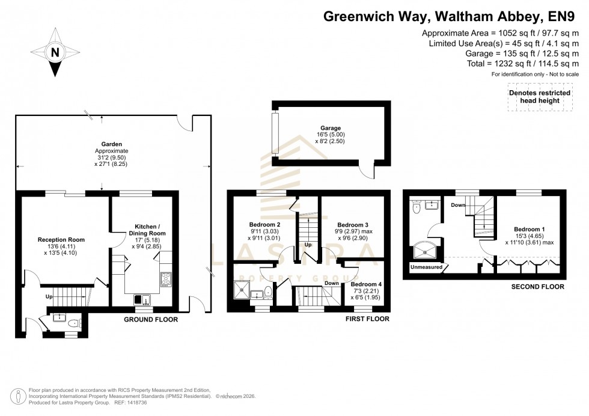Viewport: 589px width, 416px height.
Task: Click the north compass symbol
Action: [x=55, y=52]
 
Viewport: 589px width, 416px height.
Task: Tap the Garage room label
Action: [x=331, y=128]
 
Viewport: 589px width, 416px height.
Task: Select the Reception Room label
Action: [x=61, y=239]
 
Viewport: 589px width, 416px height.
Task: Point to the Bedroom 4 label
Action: [x=365, y=284]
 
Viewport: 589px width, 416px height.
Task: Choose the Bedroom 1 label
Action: [x=529, y=229]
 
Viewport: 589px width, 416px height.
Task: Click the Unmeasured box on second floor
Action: [x=427, y=266]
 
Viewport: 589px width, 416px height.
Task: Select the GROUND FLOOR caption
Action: [x=150, y=319]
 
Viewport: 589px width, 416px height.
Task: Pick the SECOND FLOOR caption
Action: [x=537, y=287]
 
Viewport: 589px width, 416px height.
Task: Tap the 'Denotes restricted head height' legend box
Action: [x=539, y=97]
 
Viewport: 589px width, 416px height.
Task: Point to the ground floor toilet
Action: [x=73, y=323]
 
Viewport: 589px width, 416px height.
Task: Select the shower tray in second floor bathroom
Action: [x=427, y=248]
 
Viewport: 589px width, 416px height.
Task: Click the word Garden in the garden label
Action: [x=112, y=144]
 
